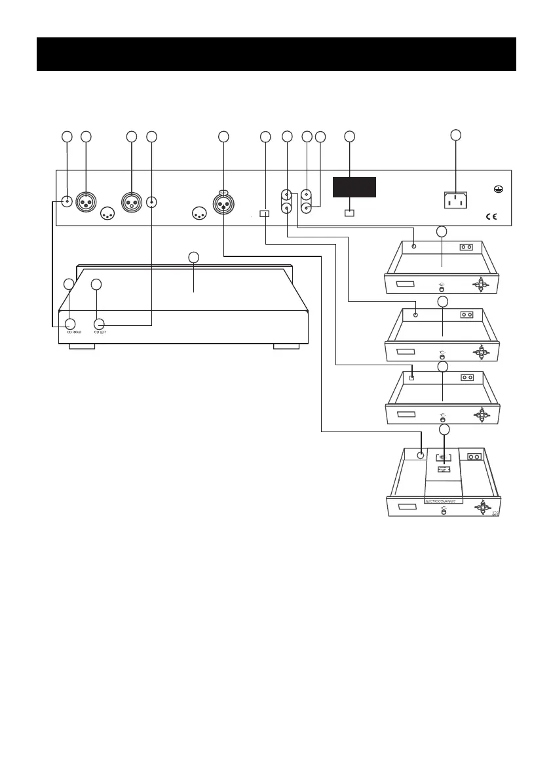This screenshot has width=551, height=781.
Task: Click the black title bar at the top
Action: click(276, 54)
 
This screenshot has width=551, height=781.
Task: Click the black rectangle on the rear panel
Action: click(354, 187)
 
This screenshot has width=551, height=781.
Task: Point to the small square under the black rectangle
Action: click(349, 213)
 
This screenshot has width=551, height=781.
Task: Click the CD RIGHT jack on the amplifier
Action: click(69, 323)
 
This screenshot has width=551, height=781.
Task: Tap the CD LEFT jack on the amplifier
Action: click(100, 323)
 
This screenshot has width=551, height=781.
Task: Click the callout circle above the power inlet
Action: click(455, 136)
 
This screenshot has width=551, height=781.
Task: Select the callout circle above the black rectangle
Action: click(349, 136)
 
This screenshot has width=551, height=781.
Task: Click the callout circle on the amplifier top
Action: click(193, 256)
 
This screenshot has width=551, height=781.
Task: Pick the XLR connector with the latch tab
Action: click(223, 203)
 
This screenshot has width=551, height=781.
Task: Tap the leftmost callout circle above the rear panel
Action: click(66, 136)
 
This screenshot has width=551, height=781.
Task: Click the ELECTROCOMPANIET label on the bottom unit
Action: click(444, 501)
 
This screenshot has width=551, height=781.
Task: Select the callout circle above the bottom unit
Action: click(445, 430)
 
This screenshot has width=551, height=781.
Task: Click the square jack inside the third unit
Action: click(411, 377)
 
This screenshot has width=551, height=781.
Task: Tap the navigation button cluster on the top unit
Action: click(482, 283)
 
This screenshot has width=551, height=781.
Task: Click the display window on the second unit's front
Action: click(405, 351)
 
